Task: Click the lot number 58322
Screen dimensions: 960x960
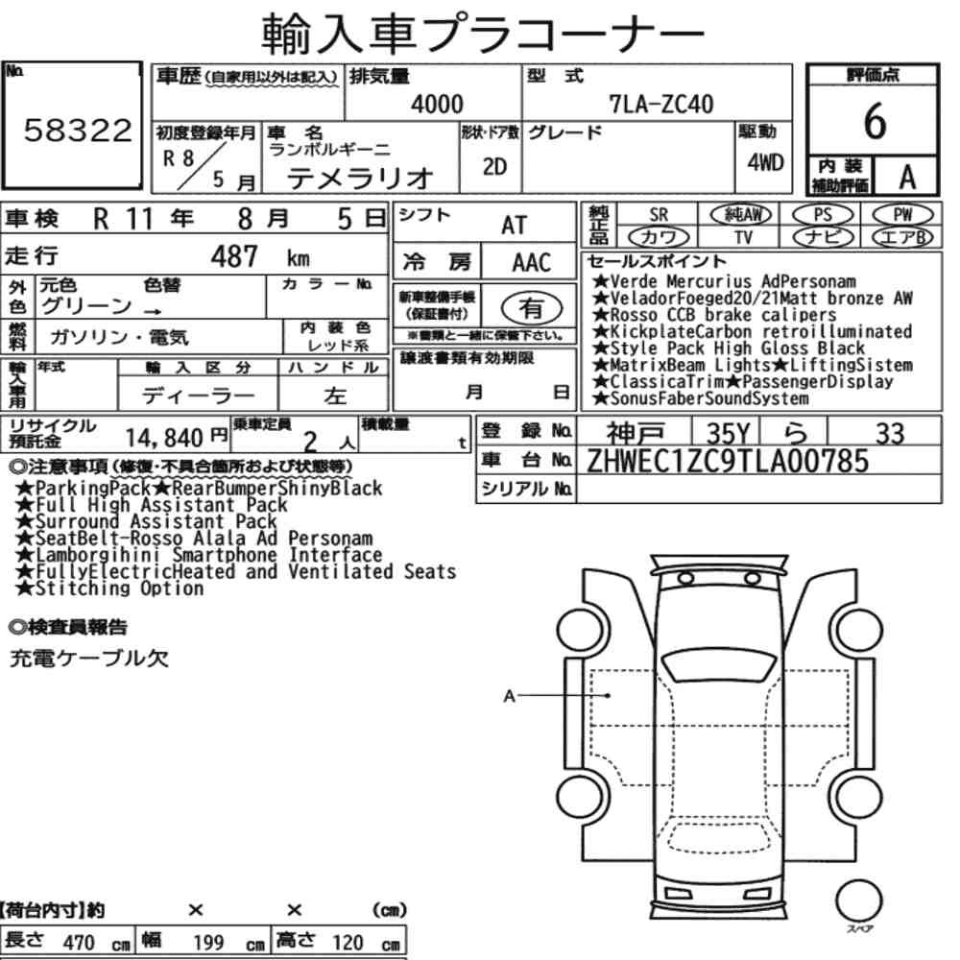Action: [x=78, y=130]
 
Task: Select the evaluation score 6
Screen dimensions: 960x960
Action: [x=875, y=121]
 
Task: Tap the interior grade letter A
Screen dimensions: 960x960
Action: [x=907, y=178]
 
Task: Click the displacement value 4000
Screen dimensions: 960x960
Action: [x=437, y=104]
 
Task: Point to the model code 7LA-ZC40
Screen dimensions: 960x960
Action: [x=660, y=104]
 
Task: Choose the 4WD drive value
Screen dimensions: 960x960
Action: [x=765, y=162]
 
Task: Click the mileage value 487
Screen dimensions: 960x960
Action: [x=234, y=256]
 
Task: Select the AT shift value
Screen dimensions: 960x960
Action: [x=514, y=226]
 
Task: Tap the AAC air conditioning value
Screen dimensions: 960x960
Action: [x=532, y=263]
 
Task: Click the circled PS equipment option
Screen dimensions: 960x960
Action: [x=823, y=215]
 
